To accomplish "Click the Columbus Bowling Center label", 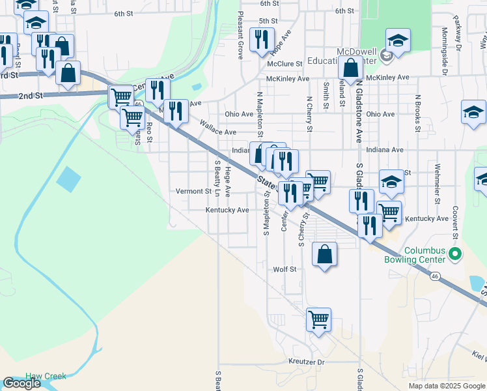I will click(424, 254).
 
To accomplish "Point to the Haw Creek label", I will click(46, 377).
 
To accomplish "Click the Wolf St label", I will click(285, 268).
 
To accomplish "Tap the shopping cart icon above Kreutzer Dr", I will click(318, 319).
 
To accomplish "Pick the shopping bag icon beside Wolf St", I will click(324, 254).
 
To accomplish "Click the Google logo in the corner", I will click(21, 383).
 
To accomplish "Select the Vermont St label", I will click(194, 192).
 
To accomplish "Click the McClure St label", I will click(285, 64).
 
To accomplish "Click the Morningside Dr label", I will click(443, 39).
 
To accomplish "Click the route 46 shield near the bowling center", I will click(434, 277).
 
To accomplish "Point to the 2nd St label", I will click(30, 95).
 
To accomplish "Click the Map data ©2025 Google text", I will click(446, 386).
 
